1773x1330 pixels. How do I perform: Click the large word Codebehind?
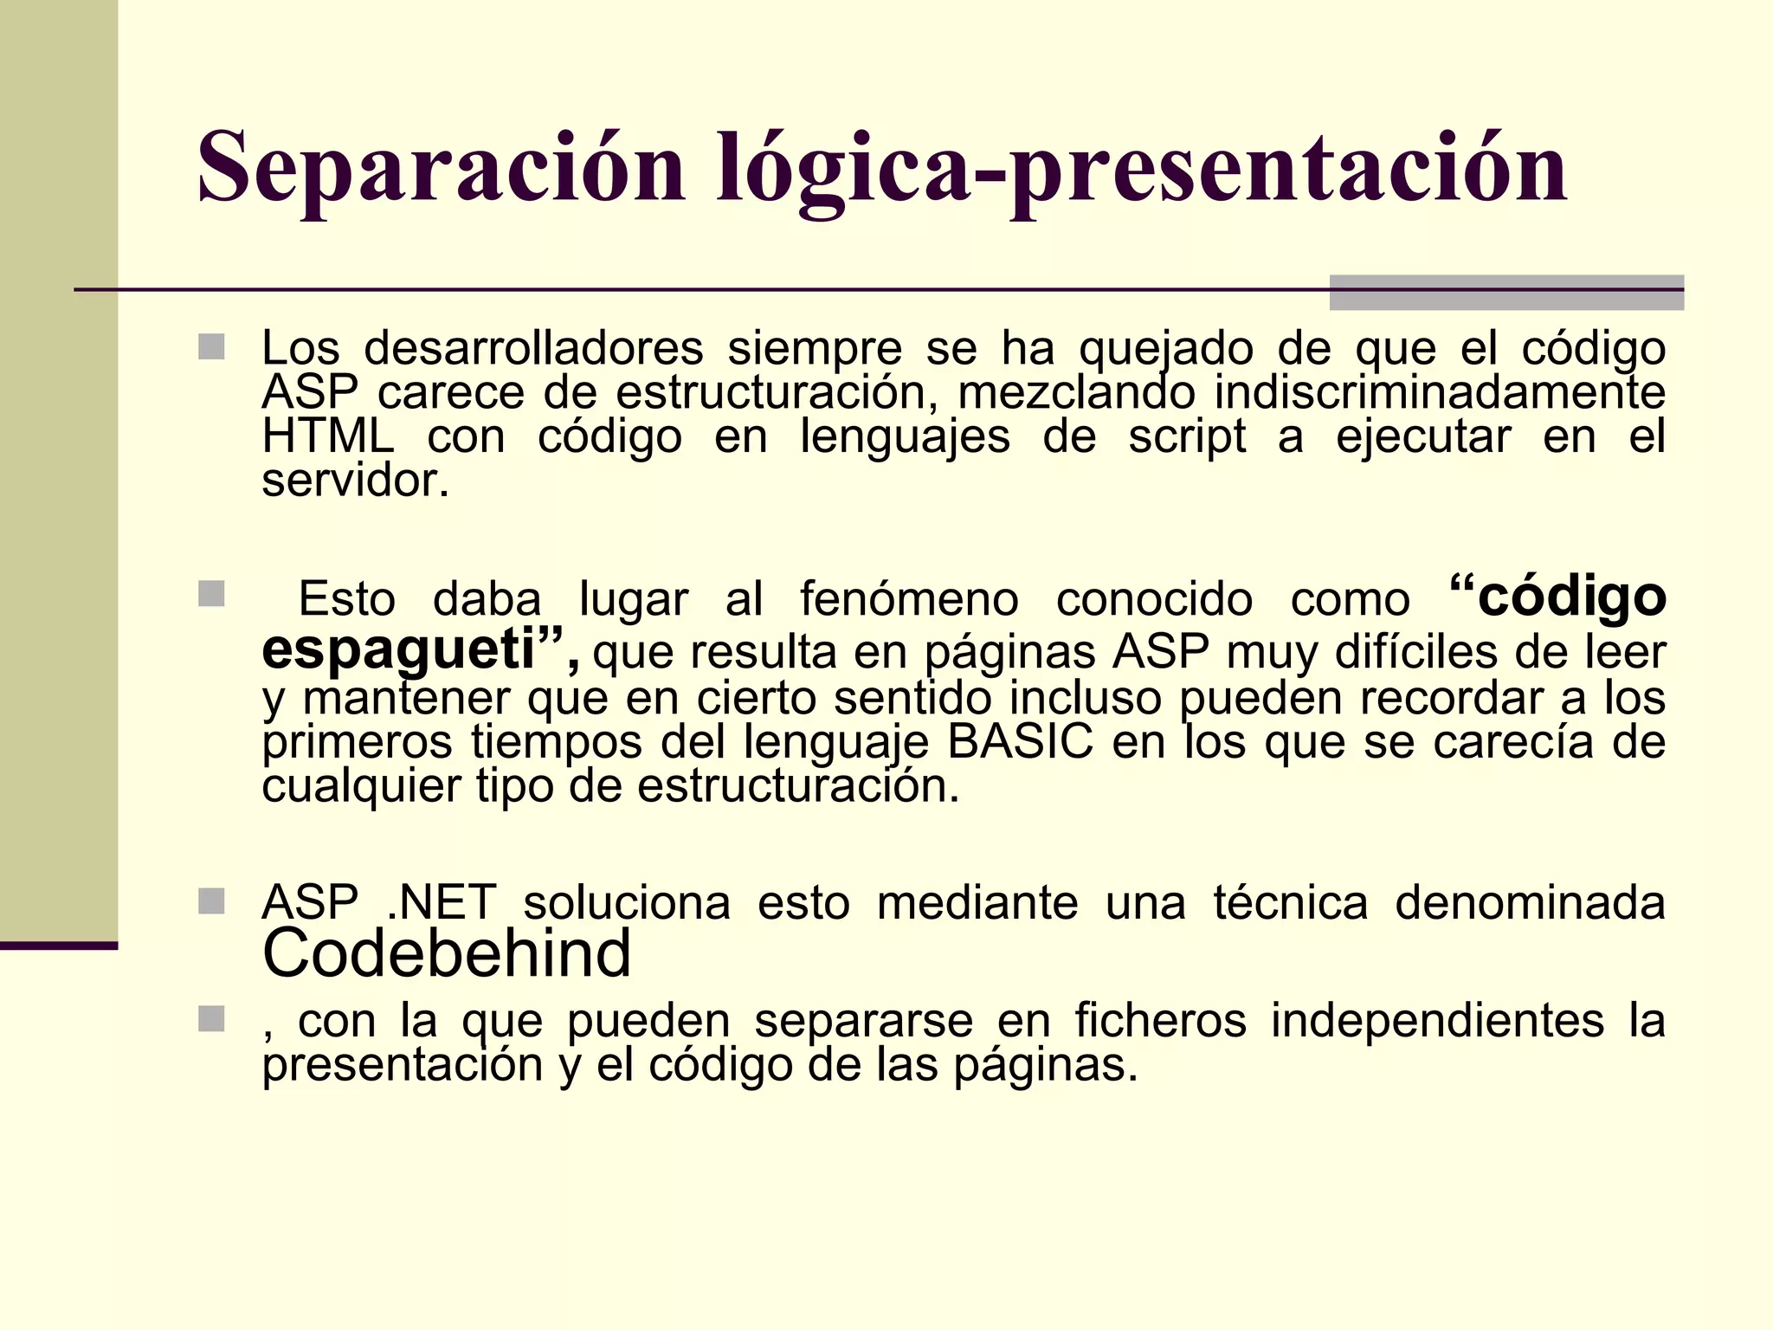[x=447, y=952]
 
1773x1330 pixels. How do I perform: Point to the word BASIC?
[x=1020, y=742]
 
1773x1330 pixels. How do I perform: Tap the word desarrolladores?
[x=533, y=349]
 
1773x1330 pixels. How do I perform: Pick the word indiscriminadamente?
[x=1440, y=392]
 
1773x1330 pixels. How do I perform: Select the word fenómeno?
[x=909, y=599]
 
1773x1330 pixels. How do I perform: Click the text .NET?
[x=442, y=902]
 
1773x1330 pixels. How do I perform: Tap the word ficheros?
[x=1160, y=1020]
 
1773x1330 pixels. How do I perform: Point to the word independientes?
[x=1437, y=1020]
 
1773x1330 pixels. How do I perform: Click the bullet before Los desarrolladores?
[x=211, y=347]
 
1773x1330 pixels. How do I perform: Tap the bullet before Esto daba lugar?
[x=211, y=594]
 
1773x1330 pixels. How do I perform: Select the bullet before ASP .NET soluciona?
[x=211, y=901]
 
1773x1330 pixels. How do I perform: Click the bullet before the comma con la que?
[x=211, y=1019]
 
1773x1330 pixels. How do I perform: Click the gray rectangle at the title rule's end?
[x=1506, y=293]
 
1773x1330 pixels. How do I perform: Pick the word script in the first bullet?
[x=1187, y=436]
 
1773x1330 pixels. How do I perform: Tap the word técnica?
[x=1290, y=902]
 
